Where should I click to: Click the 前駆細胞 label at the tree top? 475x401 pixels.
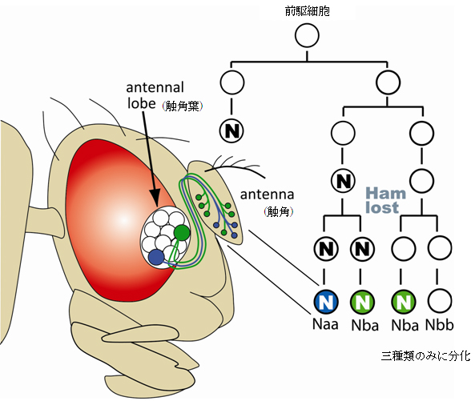click(308, 10)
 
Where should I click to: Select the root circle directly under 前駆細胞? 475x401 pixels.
click(308, 36)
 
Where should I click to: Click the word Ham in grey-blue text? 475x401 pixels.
click(387, 193)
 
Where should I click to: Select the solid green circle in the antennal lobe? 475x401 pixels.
click(182, 232)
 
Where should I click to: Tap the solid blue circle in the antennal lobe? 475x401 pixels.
click(155, 257)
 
